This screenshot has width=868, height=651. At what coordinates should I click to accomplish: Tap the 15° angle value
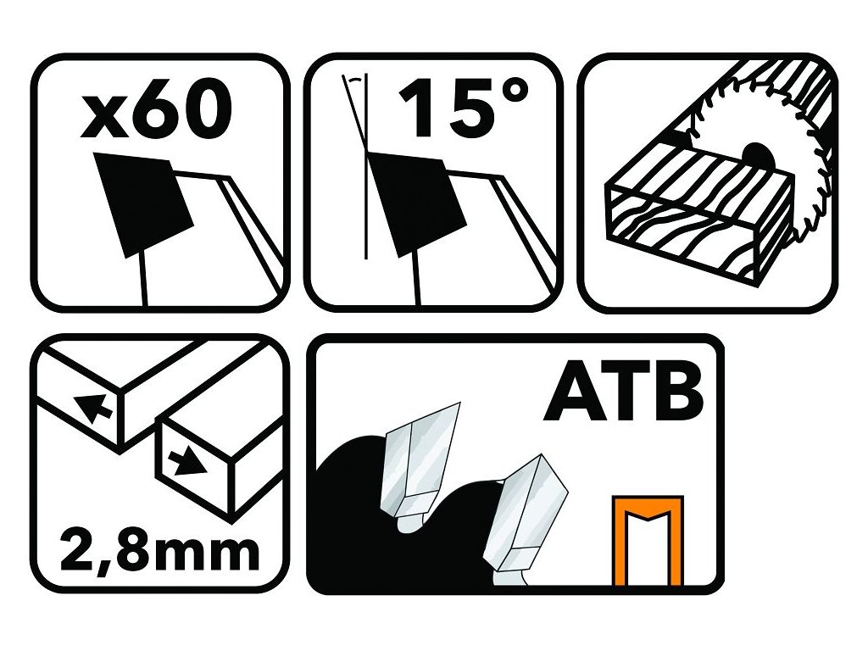pos(464,107)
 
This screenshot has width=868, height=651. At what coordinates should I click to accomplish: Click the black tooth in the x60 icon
pos(142,203)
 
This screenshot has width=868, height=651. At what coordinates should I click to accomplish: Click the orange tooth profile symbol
pos(648,541)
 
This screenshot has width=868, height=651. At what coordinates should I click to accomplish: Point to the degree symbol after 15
pos(513,92)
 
